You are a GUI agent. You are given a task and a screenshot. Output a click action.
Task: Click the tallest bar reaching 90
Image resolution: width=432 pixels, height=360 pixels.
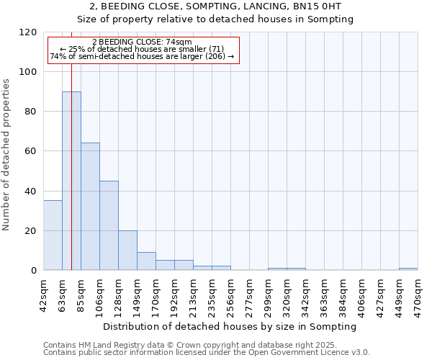pyautogui.click(x=71, y=181)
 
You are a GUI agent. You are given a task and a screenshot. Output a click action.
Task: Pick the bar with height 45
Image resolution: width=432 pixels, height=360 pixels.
pyautogui.click(x=109, y=225)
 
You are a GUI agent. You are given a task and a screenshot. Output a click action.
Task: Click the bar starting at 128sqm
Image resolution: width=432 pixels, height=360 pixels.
pyautogui.click(x=127, y=251)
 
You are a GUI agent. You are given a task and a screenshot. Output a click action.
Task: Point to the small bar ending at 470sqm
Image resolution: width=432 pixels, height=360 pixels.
pyautogui.click(x=408, y=269)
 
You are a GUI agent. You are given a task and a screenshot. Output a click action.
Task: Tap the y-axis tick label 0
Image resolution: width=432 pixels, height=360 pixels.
pyautogui.click(x=34, y=271)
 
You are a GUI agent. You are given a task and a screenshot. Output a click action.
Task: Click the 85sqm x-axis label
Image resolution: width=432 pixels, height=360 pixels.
pyautogui.click(x=81, y=292)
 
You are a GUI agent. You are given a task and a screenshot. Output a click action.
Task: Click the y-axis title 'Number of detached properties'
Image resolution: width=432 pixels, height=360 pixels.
pyautogui.click(x=6, y=155)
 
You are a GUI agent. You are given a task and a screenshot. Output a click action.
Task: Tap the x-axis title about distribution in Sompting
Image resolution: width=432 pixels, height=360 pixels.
pyautogui.click(x=230, y=326)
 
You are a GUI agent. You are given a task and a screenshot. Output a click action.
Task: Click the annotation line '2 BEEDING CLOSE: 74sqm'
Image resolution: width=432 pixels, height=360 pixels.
pyautogui.click(x=142, y=42)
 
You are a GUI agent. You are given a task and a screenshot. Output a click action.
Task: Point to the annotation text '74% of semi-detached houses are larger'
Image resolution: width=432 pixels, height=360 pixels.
pyautogui.click(x=142, y=56)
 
